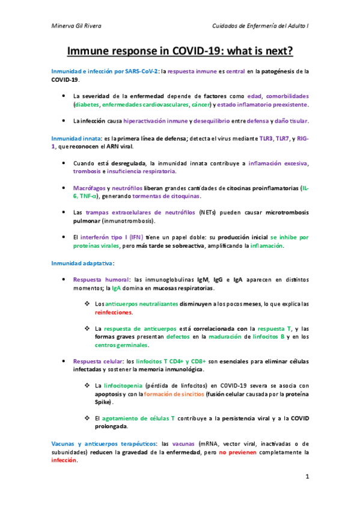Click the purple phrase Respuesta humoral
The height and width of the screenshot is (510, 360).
point(101,280)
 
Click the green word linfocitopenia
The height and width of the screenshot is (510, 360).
point(124,386)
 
